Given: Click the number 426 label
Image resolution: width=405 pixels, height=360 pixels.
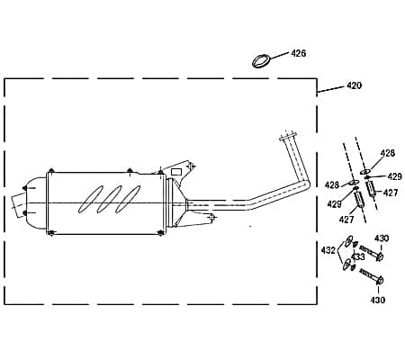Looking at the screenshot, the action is click(299, 53).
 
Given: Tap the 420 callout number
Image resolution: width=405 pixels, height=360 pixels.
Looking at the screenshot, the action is click(355, 85).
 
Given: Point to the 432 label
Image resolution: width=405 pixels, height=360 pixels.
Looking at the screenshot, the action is click(328, 250).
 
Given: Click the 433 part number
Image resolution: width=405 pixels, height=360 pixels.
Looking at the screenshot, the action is click(358, 256).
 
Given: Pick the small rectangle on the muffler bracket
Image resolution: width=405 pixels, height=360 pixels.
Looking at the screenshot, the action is click(176, 172).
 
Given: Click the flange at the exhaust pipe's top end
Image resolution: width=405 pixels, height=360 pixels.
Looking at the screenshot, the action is click(287, 137).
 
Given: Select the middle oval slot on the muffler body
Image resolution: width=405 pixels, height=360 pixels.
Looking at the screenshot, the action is click(110, 199).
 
